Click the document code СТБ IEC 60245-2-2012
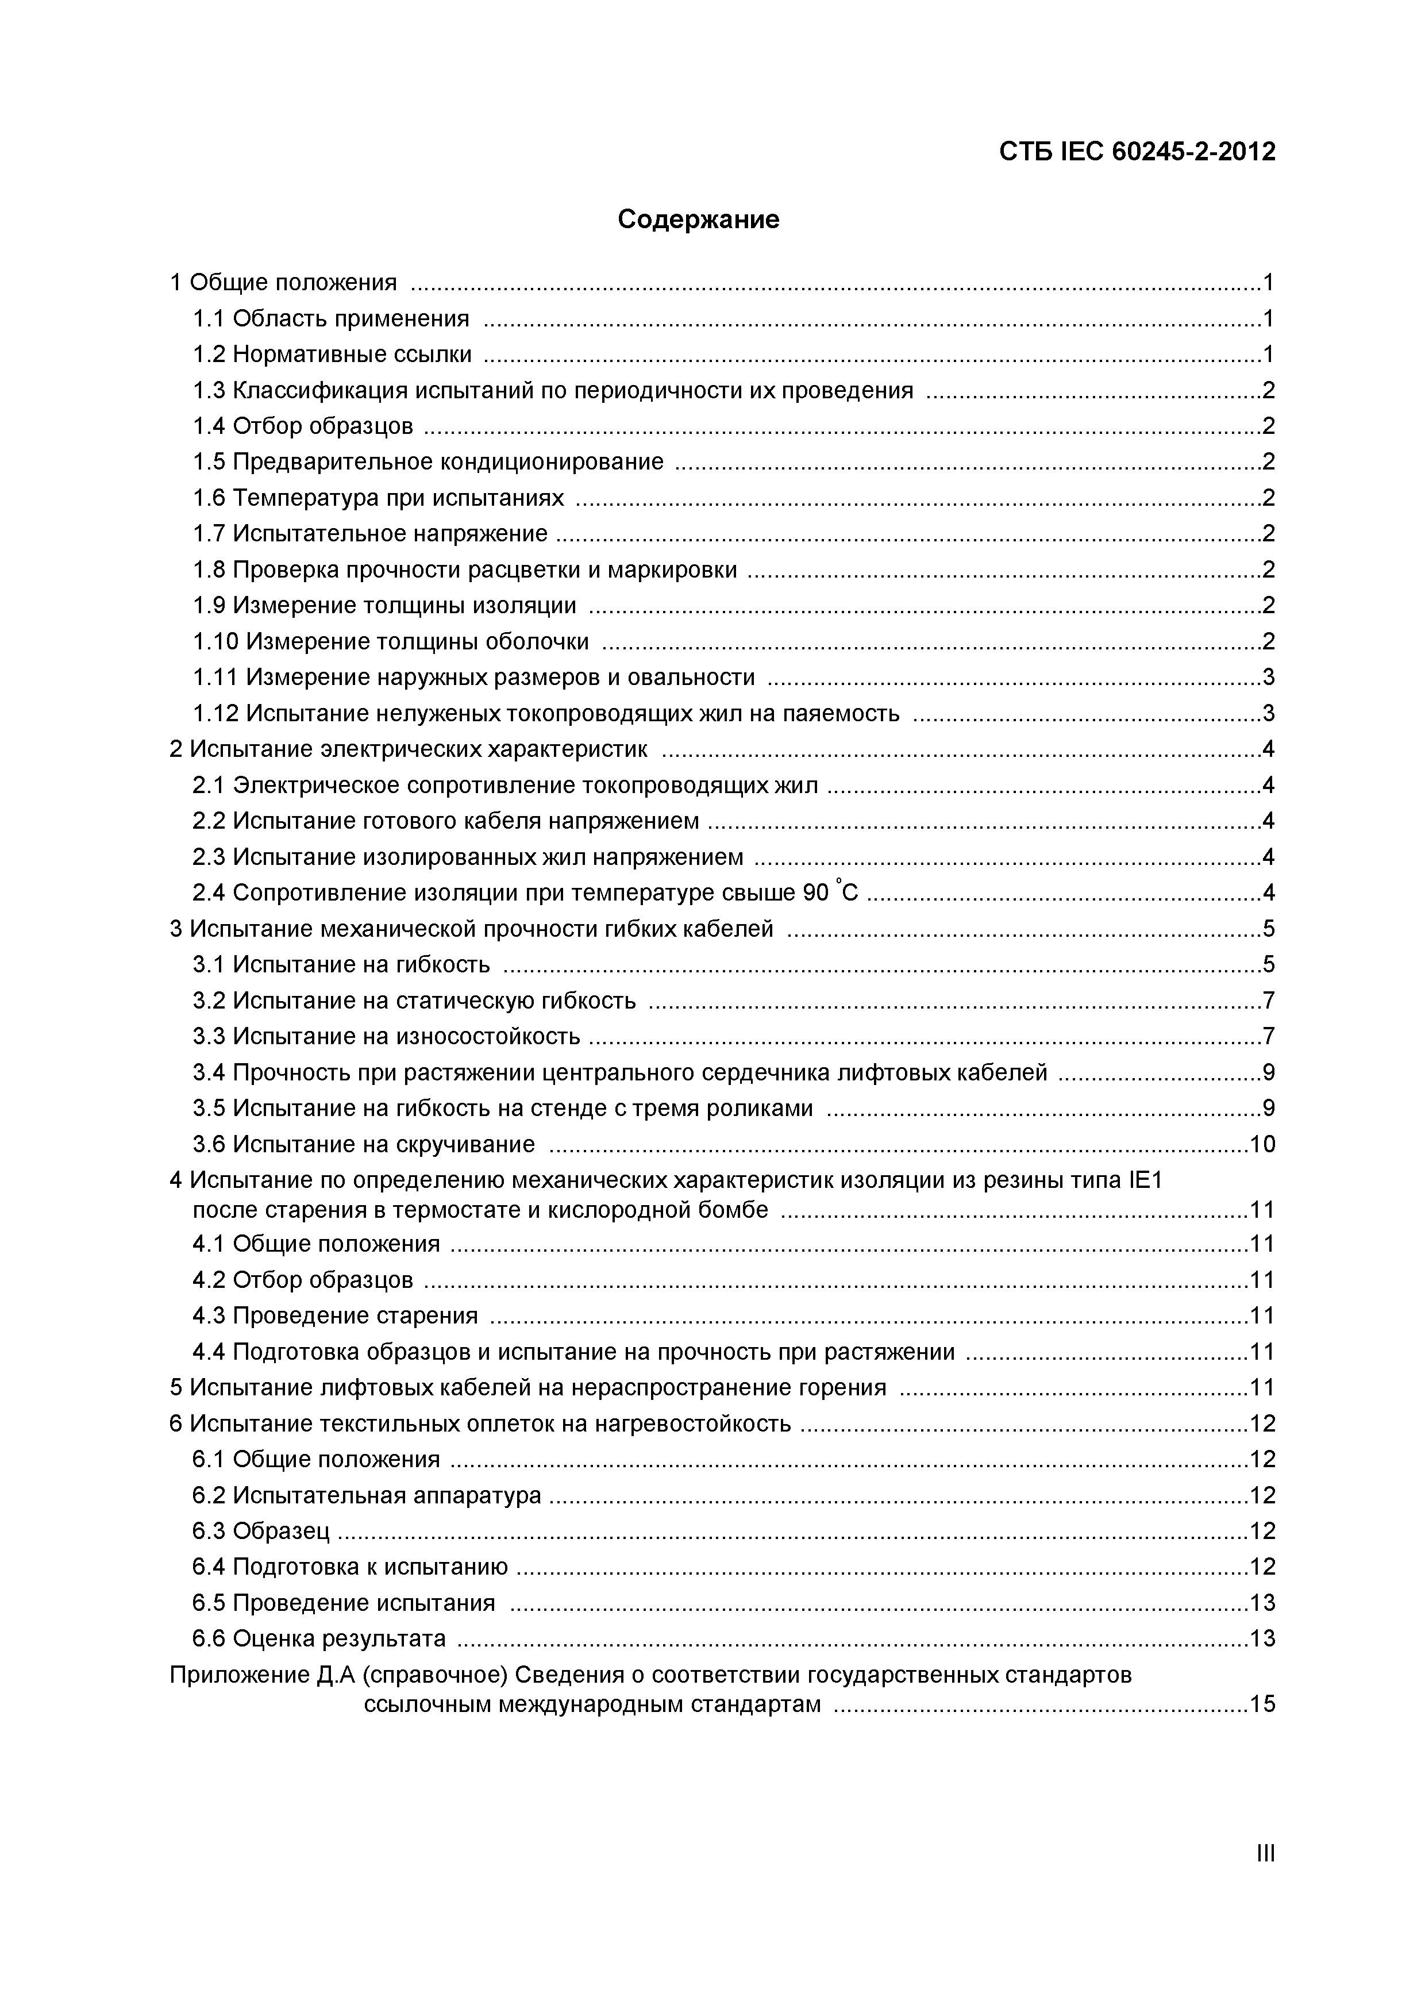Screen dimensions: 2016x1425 click(1137, 152)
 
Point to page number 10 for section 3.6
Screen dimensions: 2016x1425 click(1262, 1144)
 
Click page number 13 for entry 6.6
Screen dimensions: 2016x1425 click(1262, 1638)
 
